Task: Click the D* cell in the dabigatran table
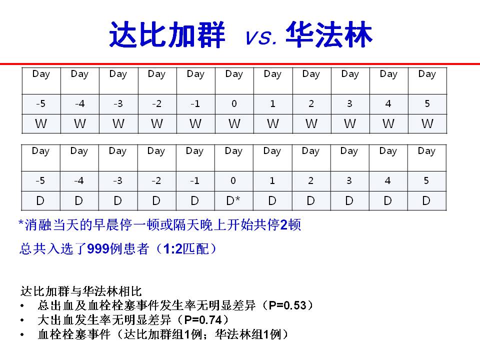tap(233, 201)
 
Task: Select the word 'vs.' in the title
tap(261, 37)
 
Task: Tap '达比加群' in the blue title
tap(167, 34)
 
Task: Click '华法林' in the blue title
tap(329, 34)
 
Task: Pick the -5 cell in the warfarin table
tap(40, 104)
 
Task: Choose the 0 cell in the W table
tap(234, 104)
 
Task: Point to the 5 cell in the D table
tap(426, 180)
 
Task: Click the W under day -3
tap(118, 123)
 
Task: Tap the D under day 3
tap(349, 201)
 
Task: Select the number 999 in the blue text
tap(98, 248)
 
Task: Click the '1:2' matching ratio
tap(172, 248)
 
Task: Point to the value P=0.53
tap(287, 305)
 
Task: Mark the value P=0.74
tap(203, 320)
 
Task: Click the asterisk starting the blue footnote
tap(21, 223)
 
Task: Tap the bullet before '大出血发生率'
tap(22, 320)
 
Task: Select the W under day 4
tap(388, 123)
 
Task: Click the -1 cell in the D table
tap(194, 180)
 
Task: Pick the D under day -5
tap(40, 201)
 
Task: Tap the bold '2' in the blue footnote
tap(284, 225)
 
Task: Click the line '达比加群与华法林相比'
tap(81, 291)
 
